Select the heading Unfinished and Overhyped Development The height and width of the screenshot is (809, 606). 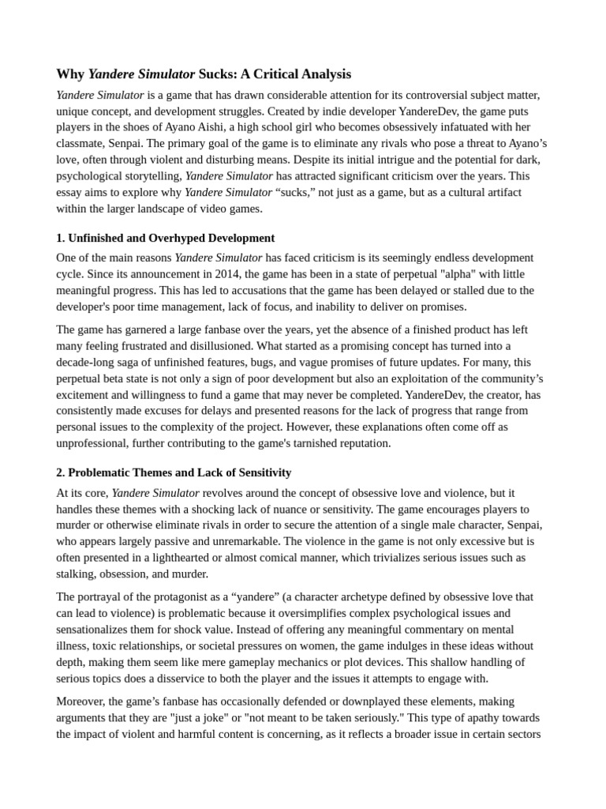(x=171, y=238)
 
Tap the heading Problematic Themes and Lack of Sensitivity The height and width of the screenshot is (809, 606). (x=179, y=472)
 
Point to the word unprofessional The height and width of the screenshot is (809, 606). (x=95, y=443)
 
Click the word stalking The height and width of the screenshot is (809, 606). (x=77, y=574)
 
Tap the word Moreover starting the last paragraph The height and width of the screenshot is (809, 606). (x=80, y=701)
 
